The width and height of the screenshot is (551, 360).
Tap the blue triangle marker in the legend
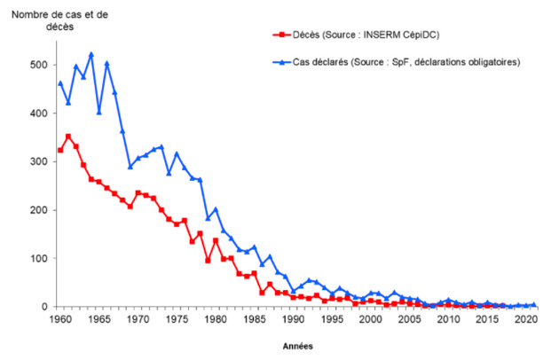280,61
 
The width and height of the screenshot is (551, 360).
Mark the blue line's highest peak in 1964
91,54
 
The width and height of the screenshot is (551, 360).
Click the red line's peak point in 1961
68,137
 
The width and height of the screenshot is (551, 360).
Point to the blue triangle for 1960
59,83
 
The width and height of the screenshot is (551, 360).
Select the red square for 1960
59,151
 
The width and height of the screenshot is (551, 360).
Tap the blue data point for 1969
130,166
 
